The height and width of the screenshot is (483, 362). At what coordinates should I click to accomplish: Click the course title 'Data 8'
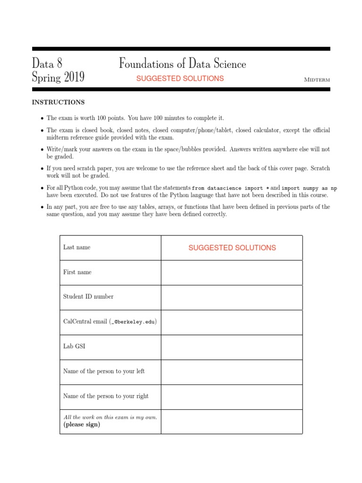point(47,63)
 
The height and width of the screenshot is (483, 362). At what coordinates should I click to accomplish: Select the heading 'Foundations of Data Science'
point(182,63)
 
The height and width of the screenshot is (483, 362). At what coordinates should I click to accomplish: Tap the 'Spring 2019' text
point(58,77)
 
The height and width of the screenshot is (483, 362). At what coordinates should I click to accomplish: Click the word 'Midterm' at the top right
point(317,80)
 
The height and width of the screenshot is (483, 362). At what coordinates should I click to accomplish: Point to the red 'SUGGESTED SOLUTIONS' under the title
point(180,79)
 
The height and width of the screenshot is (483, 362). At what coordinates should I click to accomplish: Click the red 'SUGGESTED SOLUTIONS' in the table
point(232,248)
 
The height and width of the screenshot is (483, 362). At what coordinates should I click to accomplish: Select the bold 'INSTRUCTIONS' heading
point(58,102)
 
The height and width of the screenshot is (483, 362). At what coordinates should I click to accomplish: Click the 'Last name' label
point(77,247)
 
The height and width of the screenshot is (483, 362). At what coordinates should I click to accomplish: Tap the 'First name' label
point(77,272)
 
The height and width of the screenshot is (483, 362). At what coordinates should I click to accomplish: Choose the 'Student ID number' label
point(88,297)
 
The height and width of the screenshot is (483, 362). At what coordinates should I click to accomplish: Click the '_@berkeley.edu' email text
point(133,322)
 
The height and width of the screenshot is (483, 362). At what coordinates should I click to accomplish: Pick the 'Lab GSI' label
point(74,346)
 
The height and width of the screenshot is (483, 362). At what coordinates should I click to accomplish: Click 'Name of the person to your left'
point(104,371)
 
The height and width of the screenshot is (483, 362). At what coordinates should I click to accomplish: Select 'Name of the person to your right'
point(106,396)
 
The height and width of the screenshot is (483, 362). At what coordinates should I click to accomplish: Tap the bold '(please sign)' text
point(82,425)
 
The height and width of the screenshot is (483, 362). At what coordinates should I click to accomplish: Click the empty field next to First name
point(231,273)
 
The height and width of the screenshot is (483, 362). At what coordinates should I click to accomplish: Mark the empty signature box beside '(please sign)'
point(231,421)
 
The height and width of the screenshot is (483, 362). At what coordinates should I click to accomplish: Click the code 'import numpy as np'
point(309,188)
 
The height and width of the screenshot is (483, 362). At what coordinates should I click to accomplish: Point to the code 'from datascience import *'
point(231,188)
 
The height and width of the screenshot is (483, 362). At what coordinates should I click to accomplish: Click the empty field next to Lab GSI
point(231,347)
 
